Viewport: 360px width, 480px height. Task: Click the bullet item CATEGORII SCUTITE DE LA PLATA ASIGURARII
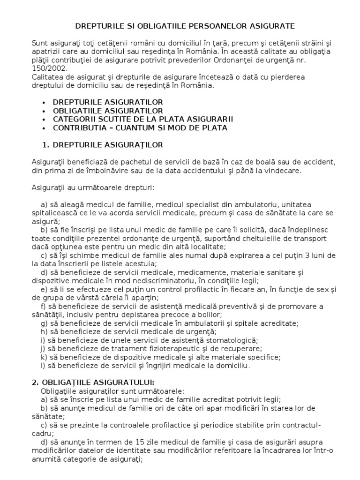(142, 119)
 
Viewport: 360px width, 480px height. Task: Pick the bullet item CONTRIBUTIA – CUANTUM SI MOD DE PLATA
(140, 127)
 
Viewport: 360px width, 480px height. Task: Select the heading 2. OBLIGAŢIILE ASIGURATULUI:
(89, 382)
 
